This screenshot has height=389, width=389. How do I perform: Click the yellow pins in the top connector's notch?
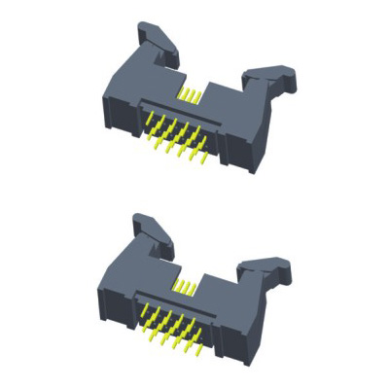pos(193,95)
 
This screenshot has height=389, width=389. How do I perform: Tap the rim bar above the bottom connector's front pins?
pos(180,302)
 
